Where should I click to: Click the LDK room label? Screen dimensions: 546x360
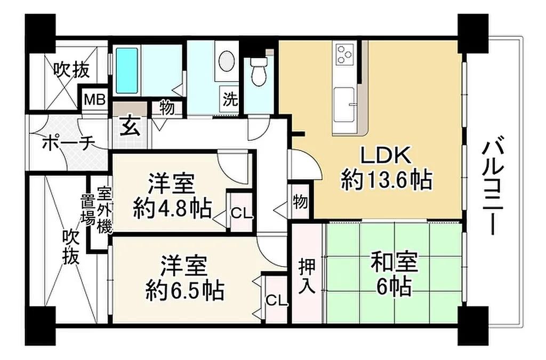click(386, 156)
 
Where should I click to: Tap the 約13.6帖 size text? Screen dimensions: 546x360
click(387, 180)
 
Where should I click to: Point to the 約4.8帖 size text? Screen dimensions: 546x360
click(172, 209)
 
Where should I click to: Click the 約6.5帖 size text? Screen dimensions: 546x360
click(184, 290)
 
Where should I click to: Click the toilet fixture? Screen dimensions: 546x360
click(258, 72)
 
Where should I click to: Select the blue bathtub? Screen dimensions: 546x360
click(127, 71)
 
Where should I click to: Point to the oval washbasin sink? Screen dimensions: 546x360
click(226, 61)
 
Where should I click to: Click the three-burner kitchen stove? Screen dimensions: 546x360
click(344, 54)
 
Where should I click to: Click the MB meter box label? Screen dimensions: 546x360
click(95, 100)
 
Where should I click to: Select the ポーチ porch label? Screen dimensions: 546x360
click(68, 142)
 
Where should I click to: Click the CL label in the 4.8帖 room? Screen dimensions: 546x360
click(242, 214)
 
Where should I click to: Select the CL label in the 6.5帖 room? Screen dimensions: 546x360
click(277, 300)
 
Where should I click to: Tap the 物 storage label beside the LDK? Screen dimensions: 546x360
click(300, 202)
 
